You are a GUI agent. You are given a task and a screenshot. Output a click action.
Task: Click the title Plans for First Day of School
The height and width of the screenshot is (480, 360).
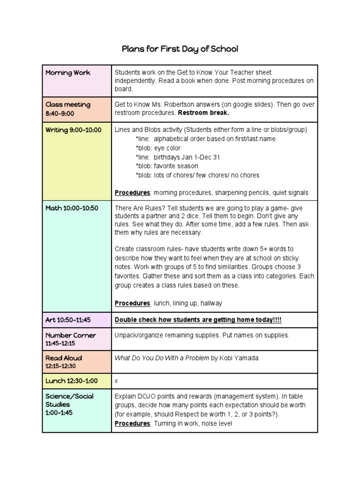(180, 49)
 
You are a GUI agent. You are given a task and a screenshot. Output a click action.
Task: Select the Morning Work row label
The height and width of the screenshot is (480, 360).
(68, 73)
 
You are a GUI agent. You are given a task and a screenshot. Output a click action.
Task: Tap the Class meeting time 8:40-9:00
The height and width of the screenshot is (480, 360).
(60, 113)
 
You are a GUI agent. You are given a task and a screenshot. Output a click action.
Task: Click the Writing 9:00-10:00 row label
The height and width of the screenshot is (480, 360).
(73, 130)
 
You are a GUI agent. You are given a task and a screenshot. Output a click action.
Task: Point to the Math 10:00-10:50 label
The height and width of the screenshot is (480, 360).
(72, 208)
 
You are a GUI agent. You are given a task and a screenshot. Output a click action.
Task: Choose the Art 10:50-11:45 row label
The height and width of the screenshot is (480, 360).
(68, 320)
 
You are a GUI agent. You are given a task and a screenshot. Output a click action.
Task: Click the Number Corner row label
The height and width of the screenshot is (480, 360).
(70, 335)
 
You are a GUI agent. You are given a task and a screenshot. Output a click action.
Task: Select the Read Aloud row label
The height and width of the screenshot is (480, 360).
(63, 358)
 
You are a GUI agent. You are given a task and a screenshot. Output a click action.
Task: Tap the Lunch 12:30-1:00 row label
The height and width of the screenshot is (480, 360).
(71, 381)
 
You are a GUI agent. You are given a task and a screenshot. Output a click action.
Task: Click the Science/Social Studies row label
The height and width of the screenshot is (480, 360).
(69, 396)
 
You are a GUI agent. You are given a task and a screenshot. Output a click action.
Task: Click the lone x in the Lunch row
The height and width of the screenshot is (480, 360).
(116, 382)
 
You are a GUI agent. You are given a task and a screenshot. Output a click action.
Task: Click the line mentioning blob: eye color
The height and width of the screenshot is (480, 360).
(158, 148)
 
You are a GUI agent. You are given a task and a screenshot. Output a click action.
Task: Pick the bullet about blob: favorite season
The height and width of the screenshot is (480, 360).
(166, 166)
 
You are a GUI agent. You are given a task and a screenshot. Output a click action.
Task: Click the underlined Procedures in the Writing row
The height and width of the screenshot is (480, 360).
(132, 193)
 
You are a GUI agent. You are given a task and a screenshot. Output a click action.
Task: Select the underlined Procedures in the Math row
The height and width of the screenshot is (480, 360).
(132, 303)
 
